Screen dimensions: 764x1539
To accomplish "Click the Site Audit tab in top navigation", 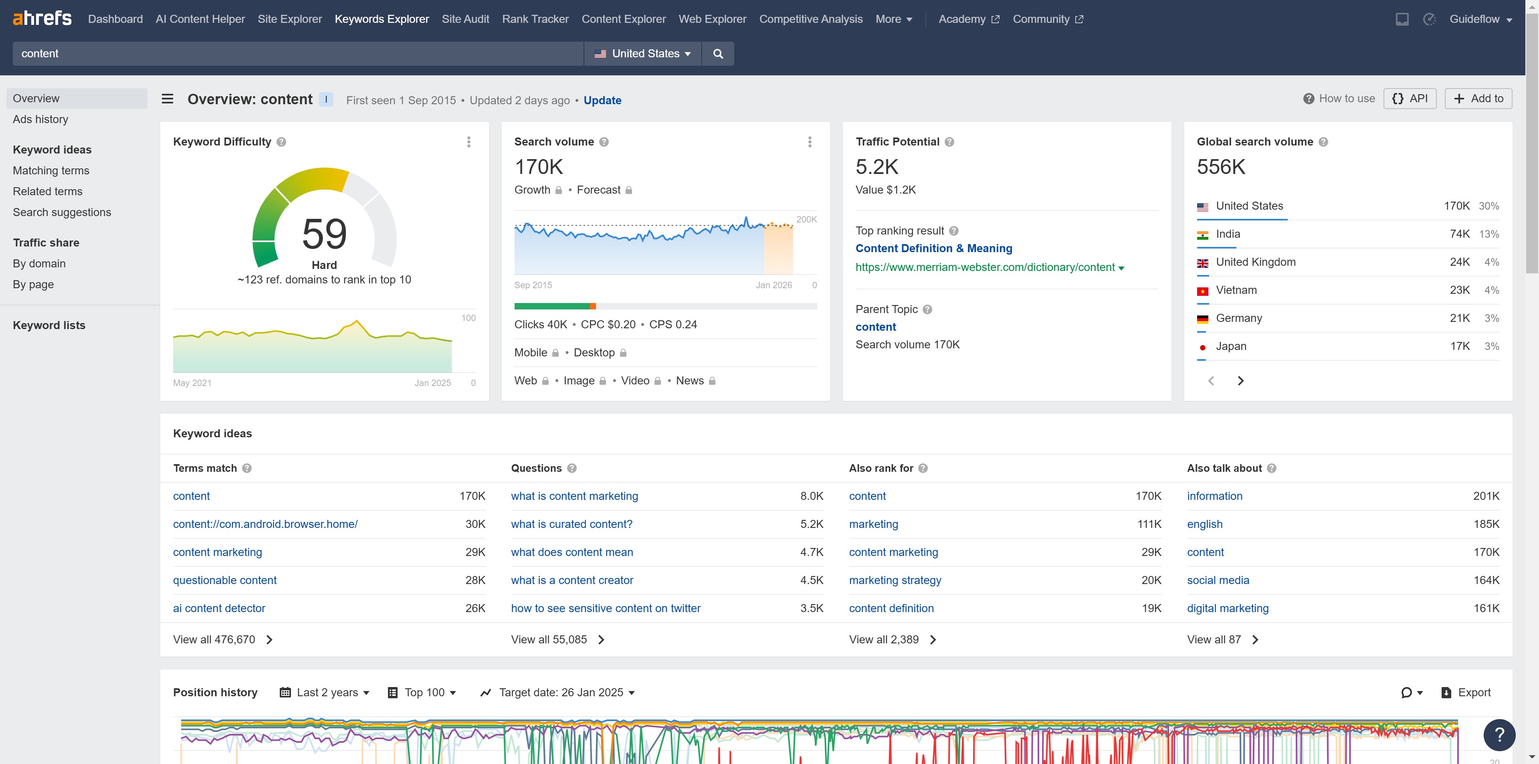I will [465, 19].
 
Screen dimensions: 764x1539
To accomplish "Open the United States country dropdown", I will [642, 54].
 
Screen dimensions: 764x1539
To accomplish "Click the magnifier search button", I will [717, 54].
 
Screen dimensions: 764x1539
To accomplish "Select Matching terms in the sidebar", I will [51, 170].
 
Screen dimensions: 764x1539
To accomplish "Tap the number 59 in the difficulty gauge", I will [324, 234].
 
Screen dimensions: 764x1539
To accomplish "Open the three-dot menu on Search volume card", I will [810, 141].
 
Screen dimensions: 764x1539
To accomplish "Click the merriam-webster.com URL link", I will [985, 267].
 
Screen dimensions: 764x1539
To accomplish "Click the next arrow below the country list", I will [1240, 380].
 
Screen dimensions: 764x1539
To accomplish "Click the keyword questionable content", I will [224, 580].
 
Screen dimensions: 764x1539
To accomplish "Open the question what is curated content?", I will [571, 524].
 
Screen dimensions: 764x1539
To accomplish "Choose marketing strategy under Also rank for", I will [895, 580].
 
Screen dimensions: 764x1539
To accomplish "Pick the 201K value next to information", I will [1486, 496].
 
